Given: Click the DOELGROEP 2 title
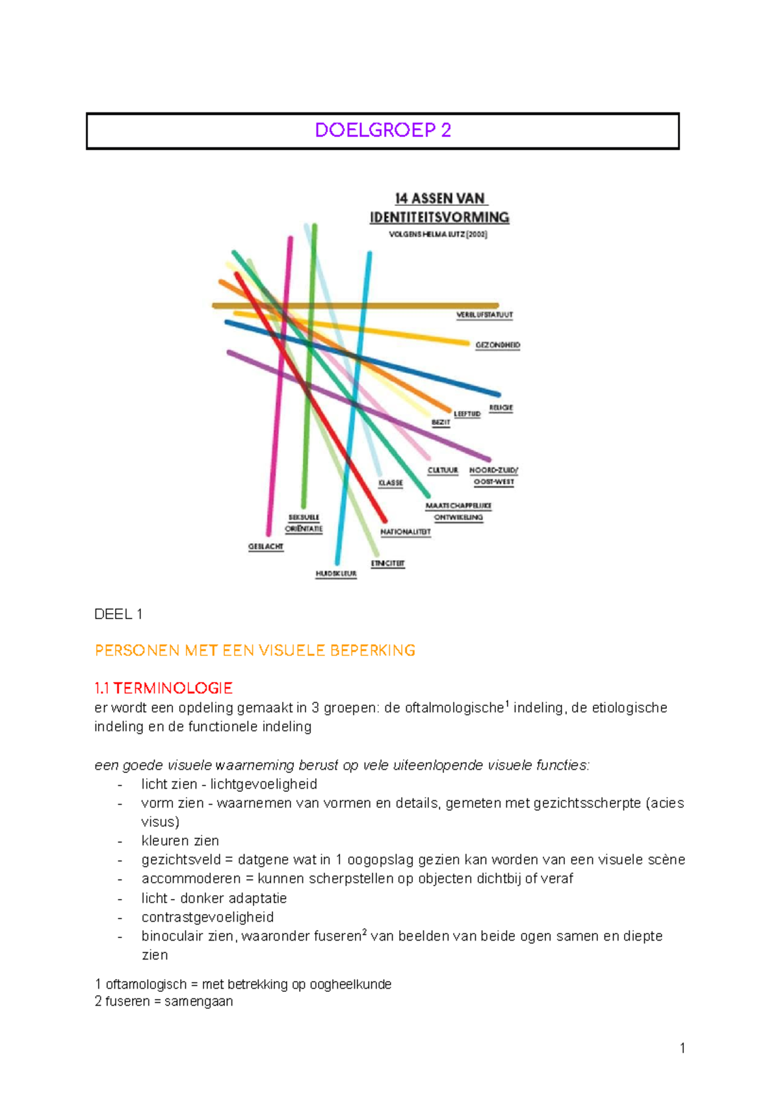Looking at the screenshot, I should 382,131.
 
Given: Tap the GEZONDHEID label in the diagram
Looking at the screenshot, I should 497,346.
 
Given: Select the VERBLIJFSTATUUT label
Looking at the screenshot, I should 484,315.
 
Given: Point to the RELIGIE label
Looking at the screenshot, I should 500,408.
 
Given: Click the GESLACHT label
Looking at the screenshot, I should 266,547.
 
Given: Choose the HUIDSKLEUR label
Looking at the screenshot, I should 336,574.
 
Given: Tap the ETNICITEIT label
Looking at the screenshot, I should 388,564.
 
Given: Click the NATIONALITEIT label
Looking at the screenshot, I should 406,532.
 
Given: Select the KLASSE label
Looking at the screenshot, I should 391,483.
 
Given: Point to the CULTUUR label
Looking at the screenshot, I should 443,470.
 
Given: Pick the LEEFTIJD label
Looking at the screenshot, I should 467,414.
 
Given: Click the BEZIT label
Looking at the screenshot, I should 441,423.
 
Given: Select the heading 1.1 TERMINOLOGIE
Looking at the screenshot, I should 163,688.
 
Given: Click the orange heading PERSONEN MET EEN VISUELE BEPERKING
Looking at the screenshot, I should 255,651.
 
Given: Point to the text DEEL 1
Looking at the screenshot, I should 118,615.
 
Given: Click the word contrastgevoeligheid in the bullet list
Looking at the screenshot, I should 207,917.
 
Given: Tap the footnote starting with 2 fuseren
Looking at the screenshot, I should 164,1002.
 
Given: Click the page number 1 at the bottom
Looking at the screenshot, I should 682,1048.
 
